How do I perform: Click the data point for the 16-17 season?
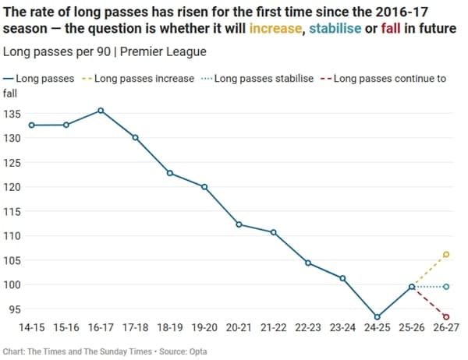pyautogui.click(x=101, y=111)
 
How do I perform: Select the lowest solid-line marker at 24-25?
pyautogui.click(x=378, y=317)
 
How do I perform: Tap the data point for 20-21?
pyautogui.click(x=239, y=224)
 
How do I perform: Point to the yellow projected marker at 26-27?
pyautogui.click(x=446, y=254)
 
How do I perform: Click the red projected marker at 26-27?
pyautogui.click(x=446, y=317)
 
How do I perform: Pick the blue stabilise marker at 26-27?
pyautogui.click(x=446, y=287)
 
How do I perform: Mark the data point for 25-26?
pyautogui.click(x=412, y=287)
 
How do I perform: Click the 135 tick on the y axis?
pyautogui.click(x=12, y=114)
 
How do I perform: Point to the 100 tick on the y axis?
pyautogui.click(x=12, y=285)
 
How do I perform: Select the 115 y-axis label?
pyautogui.click(x=12, y=212)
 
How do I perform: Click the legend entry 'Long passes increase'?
pyautogui.click(x=142, y=79)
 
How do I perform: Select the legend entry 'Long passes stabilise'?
pyautogui.click(x=263, y=79)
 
